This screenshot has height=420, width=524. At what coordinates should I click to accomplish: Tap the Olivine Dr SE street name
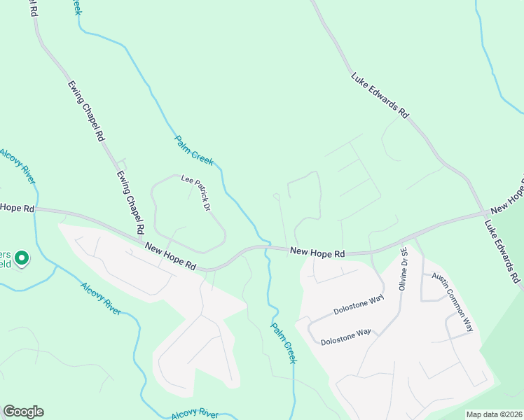tap(404, 267)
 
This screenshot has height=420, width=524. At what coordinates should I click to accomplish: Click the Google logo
tap(23, 412)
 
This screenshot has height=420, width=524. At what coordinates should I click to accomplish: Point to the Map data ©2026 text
tap(494, 414)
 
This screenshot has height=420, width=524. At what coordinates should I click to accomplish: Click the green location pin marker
tap(22, 259)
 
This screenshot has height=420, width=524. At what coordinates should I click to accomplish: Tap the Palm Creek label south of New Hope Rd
tap(284, 342)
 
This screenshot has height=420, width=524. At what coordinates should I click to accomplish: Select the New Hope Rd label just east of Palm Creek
tap(318, 251)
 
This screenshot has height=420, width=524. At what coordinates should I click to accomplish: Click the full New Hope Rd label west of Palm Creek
tap(170, 255)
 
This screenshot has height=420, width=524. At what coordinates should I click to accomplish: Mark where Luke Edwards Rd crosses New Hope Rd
tap(485, 213)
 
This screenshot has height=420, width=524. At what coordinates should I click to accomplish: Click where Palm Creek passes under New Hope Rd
tap(267, 247)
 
